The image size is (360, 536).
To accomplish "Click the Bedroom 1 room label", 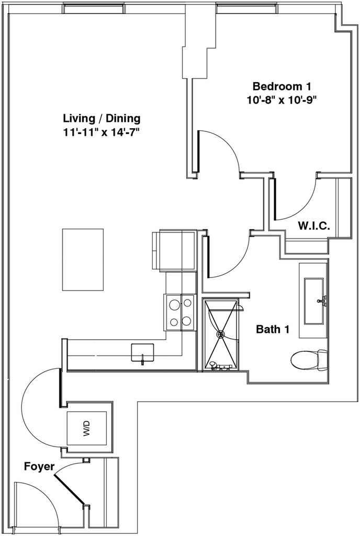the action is [285, 86].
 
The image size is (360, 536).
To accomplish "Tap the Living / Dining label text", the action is [102, 118].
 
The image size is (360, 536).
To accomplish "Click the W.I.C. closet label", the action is [313, 226].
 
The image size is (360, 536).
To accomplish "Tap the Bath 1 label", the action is [273, 330].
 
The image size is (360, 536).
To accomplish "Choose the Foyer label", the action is [39, 466].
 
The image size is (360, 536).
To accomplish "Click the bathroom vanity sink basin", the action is [313, 301].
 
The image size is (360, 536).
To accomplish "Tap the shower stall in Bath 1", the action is [221, 334].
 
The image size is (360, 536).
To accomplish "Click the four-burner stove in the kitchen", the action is [180, 312].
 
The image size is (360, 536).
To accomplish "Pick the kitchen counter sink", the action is [142, 352].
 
